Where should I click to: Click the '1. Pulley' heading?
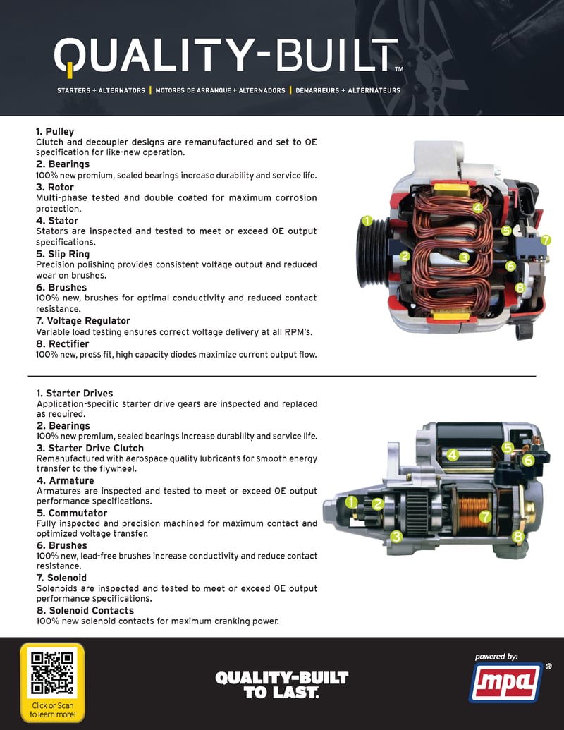(x=55, y=132)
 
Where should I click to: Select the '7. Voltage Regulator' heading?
(x=83, y=321)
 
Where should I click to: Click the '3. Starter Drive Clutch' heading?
(x=90, y=448)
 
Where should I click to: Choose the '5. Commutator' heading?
(x=72, y=513)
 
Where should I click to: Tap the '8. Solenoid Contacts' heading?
(x=85, y=610)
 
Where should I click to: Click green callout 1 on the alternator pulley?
(x=367, y=221)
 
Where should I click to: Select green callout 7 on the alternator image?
(x=545, y=240)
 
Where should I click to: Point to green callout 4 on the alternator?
(x=477, y=207)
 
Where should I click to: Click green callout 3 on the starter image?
(x=396, y=537)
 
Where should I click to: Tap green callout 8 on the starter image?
(x=518, y=537)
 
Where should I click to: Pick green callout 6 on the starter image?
(x=527, y=459)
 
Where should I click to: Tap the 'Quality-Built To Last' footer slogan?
(x=281, y=685)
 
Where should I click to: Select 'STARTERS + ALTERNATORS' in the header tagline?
(x=101, y=90)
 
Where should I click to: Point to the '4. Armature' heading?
(x=66, y=480)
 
